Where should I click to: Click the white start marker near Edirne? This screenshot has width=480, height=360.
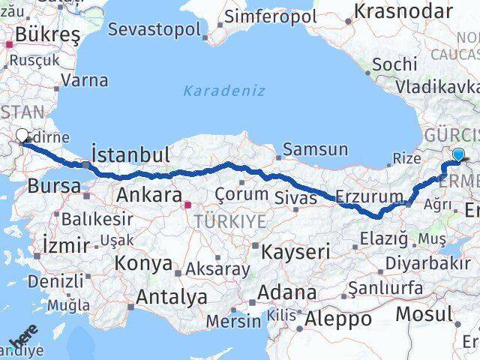22,136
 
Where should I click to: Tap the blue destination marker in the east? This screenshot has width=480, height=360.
458,155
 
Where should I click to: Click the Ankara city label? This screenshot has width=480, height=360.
149,196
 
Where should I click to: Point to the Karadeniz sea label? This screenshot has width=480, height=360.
224,91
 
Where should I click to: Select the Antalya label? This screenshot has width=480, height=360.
171,297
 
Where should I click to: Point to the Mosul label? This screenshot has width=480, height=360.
424,313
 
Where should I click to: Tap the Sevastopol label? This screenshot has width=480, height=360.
154,30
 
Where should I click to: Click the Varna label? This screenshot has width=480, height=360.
84,79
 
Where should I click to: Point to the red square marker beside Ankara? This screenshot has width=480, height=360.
188,201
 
